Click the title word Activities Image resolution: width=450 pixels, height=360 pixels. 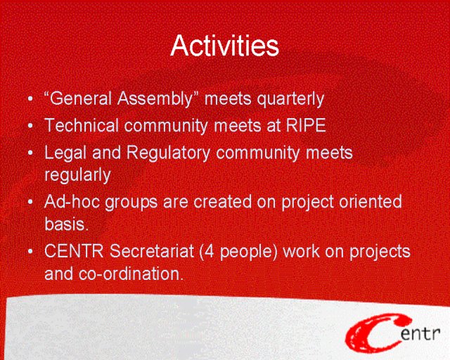(224, 46)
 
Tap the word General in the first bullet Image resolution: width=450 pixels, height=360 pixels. (80, 98)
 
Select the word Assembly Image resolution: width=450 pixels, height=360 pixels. (155, 99)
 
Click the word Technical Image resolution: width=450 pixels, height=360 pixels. (82, 125)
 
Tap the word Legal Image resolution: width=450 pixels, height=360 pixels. (65, 153)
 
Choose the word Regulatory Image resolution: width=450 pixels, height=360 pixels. (169, 153)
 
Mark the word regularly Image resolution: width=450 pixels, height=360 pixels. (77, 175)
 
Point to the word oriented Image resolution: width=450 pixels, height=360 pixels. (371, 202)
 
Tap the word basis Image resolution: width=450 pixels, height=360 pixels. (65, 224)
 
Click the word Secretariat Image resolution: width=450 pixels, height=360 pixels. (152, 251)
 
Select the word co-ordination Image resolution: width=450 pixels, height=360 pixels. (131, 274)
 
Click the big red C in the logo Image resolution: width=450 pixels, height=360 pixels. (373, 333)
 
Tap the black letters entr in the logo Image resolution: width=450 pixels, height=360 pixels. (420, 333)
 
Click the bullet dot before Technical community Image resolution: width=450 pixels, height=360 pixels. (30, 126)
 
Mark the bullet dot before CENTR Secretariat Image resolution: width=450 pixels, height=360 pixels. (30, 252)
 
